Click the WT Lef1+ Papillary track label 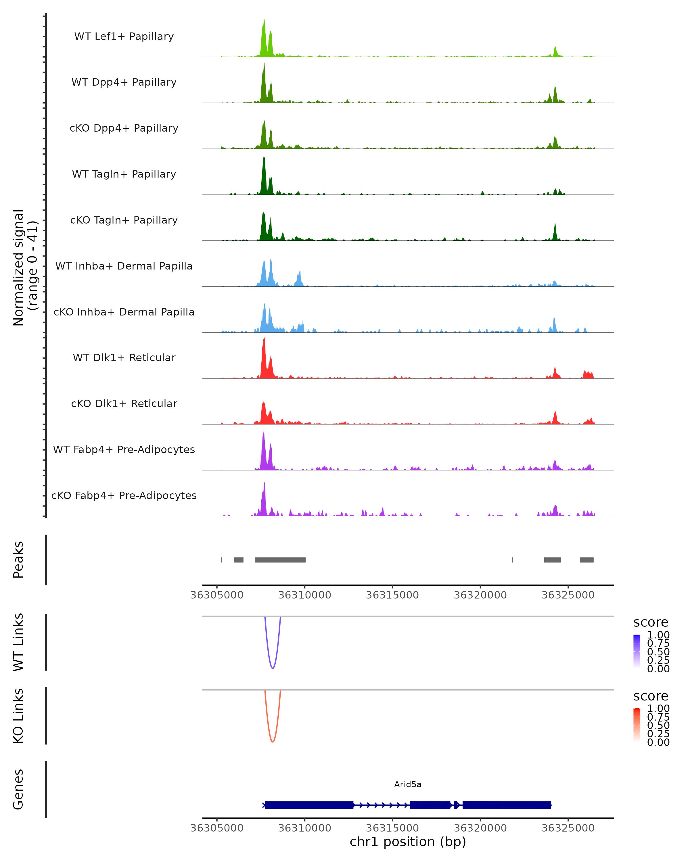[x=124, y=36]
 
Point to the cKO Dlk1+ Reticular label [x=124, y=403]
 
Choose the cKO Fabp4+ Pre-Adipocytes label [x=124, y=495]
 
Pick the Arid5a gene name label [x=408, y=784]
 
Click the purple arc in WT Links [x=272, y=668]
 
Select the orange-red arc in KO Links [x=272, y=742]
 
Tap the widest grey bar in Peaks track [x=280, y=560]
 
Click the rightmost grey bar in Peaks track [x=586, y=560]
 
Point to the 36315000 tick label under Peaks [x=392, y=595]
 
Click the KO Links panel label [x=18, y=716]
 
